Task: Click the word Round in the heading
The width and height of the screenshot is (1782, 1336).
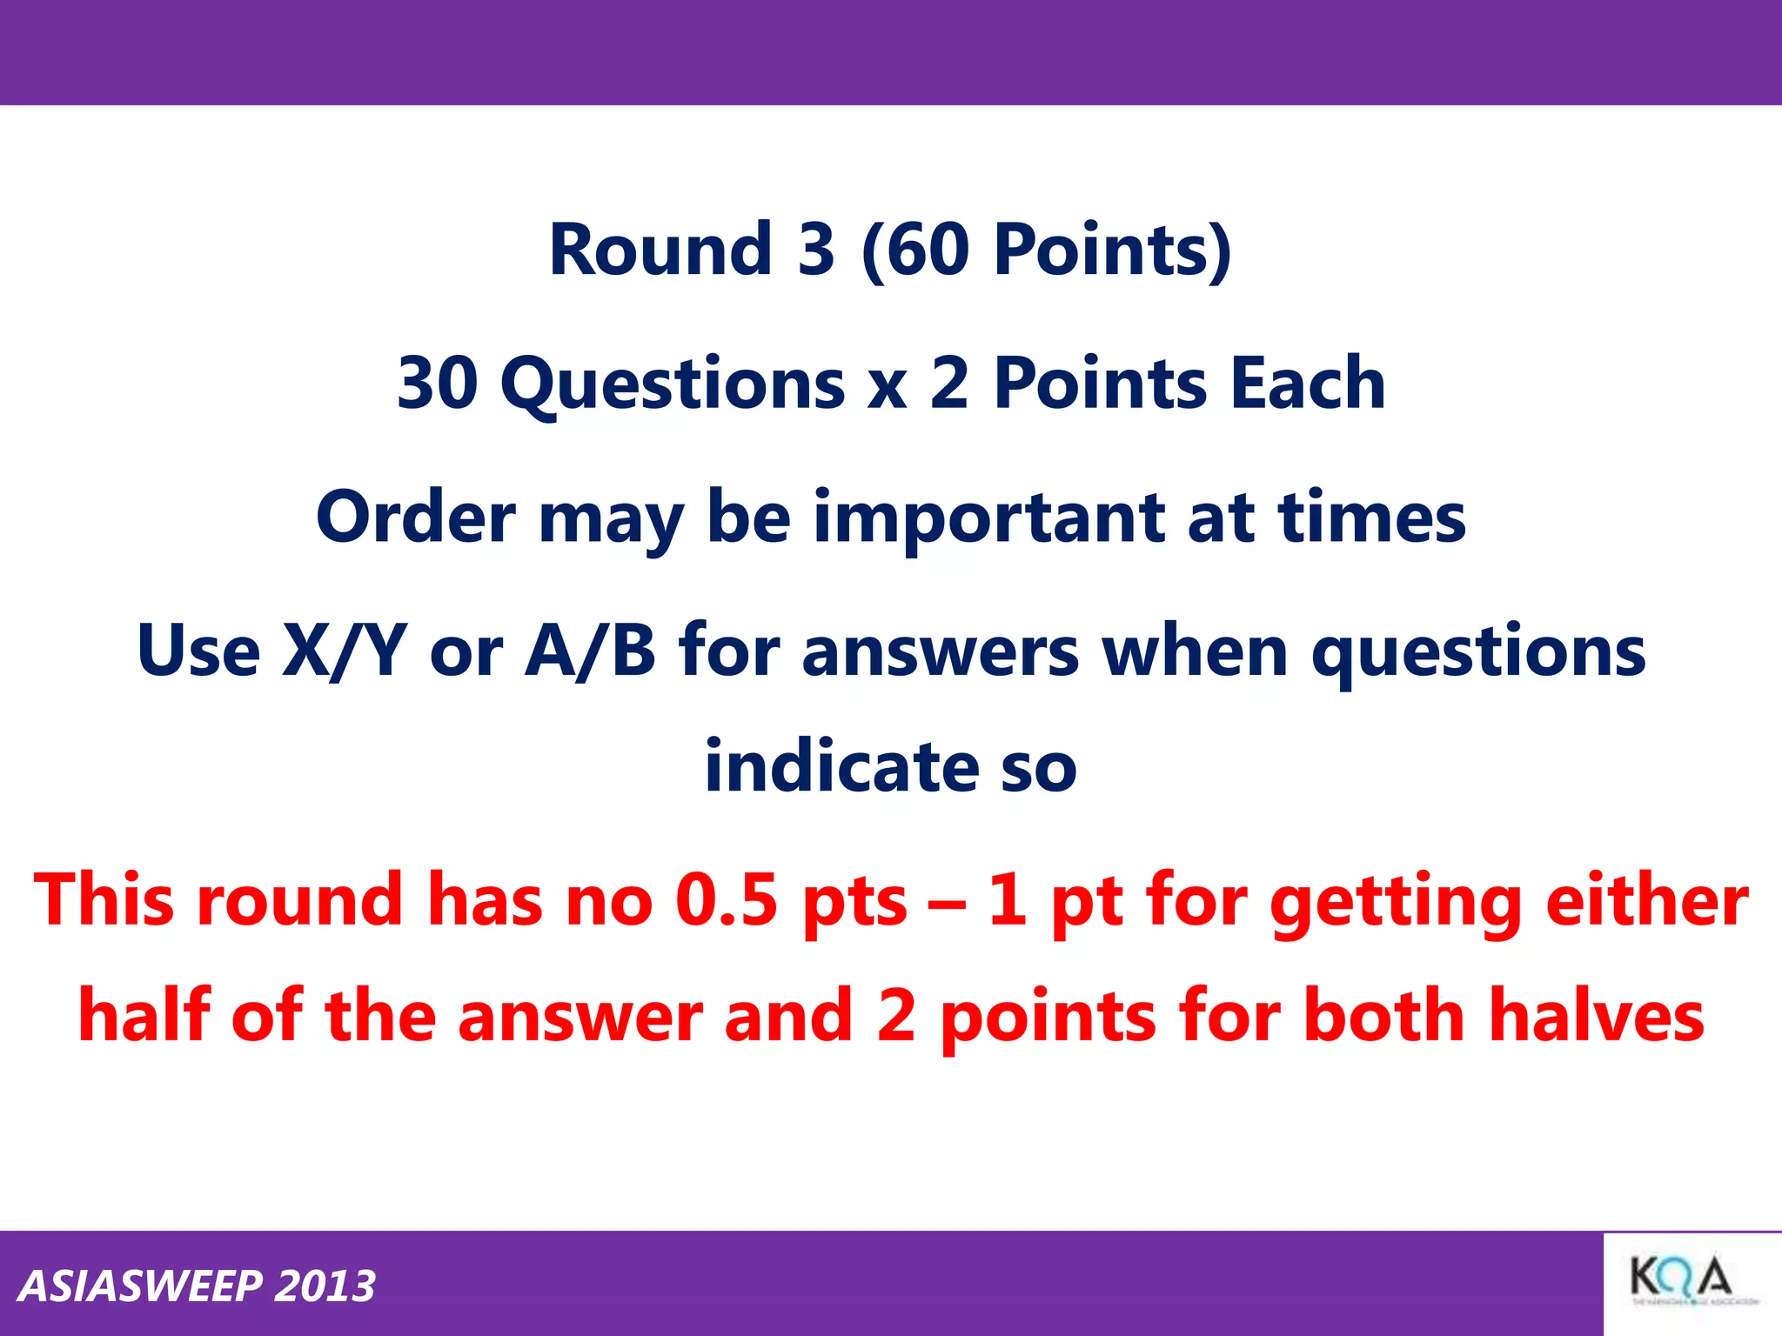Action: pos(660,250)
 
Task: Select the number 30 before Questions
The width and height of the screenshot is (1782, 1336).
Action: pos(438,383)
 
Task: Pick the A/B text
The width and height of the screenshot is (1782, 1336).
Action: pos(590,651)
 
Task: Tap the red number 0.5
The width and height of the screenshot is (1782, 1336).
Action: pos(726,899)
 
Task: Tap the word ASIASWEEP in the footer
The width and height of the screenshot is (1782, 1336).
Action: pos(140,1286)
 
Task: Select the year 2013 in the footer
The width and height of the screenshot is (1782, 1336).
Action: pos(325,1286)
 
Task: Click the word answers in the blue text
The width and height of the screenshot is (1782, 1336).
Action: pos(941,652)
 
